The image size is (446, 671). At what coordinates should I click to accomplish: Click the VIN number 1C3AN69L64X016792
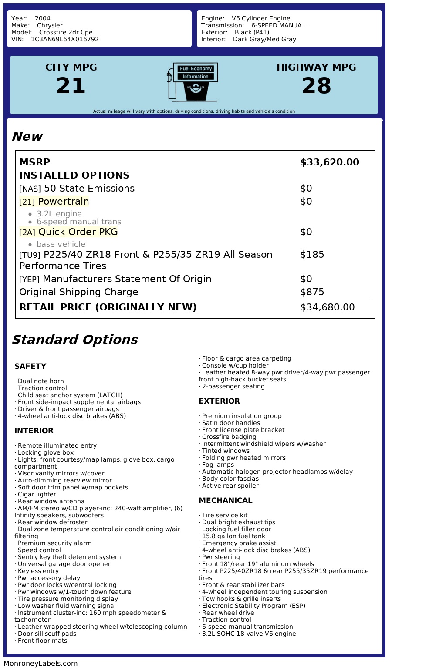[64, 39]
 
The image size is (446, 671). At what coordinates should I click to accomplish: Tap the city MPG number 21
[71, 86]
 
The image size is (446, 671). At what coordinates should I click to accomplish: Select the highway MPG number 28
[316, 86]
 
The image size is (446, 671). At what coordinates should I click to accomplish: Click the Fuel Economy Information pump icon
[192, 82]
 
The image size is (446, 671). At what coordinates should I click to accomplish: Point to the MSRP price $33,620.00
[329, 162]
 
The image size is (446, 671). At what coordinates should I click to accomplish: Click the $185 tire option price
[312, 255]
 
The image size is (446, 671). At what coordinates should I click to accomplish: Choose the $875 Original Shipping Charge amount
[312, 292]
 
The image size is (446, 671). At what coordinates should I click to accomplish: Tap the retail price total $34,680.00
[327, 307]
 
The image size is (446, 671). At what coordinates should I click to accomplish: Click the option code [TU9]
[30, 255]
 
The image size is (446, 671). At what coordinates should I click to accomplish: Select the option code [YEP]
[29, 280]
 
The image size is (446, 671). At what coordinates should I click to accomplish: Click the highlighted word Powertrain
[63, 202]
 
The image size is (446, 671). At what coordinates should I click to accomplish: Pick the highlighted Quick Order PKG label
[78, 232]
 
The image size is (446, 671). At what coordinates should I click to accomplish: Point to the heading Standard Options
[74, 340]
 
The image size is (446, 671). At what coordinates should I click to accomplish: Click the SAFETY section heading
[30, 366]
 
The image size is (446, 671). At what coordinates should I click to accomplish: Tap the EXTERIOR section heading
[219, 401]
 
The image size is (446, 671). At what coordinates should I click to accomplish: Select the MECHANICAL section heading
[225, 500]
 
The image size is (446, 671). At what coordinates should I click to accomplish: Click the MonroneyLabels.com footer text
[41, 663]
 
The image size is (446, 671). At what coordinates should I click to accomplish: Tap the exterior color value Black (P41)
[252, 32]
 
